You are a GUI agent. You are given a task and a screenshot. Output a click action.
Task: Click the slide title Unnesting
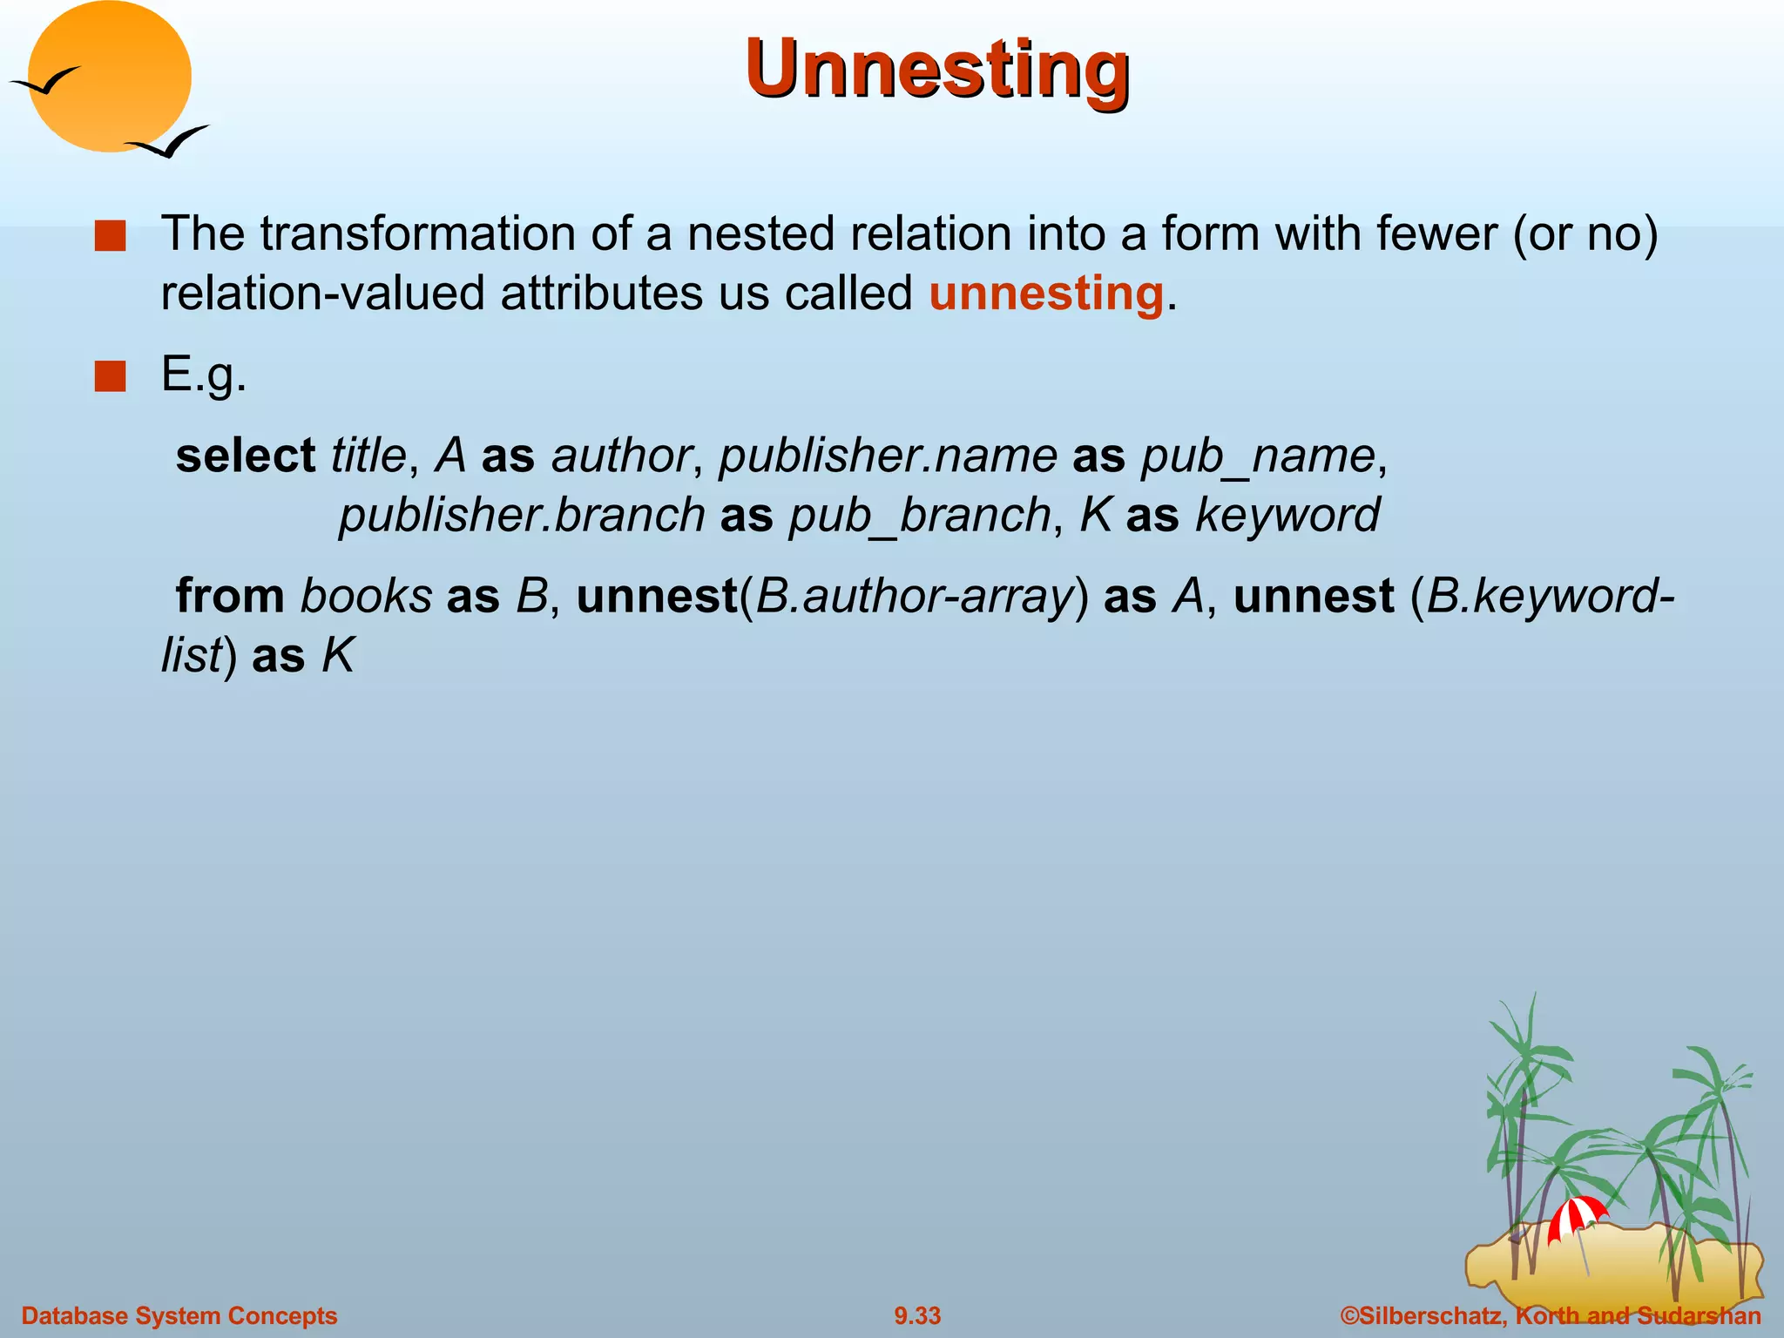tap(937, 70)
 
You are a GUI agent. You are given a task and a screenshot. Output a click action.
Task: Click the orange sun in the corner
tap(109, 77)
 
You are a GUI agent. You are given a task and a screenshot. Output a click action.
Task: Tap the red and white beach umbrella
tap(1576, 1215)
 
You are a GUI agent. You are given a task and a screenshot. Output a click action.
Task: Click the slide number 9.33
tap(917, 1315)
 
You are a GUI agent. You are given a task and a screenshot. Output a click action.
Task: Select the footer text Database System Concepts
tap(179, 1315)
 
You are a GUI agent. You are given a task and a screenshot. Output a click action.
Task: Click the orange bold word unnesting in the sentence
tap(1045, 293)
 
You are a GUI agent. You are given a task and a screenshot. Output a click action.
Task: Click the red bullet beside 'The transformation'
tap(111, 236)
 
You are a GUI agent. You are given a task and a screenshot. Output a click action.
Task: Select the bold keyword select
tap(245, 456)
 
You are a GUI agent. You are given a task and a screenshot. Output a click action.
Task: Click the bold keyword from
tap(230, 596)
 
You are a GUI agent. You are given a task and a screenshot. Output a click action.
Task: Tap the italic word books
tap(366, 596)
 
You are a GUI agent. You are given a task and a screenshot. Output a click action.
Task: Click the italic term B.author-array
tap(914, 597)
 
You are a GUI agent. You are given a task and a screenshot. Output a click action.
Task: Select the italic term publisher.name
tap(888, 456)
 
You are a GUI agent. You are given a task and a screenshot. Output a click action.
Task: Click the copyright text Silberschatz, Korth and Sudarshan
tap(1551, 1315)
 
